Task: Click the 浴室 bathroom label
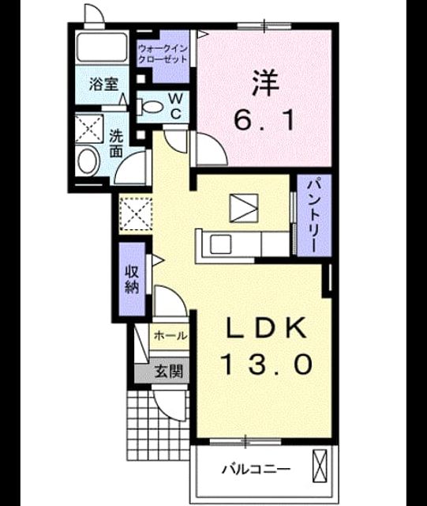pyautogui.click(x=103, y=85)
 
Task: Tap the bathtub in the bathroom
pyautogui.click(x=102, y=47)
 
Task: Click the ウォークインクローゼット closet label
pyautogui.click(x=163, y=55)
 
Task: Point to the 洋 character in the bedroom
pyautogui.click(x=265, y=83)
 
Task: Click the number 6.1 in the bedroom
pyautogui.click(x=264, y=120)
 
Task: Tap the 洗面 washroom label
pyautogui.click(x=116, y=144)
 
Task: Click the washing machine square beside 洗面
pyautogui.click(x=89, y=129)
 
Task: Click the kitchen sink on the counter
pyautogui.click(x=221, y=244)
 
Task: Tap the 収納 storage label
pyautogui.click(x=132, y=279)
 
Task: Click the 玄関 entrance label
pyautogui.click(x=169, y=371)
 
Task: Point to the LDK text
pyautogui.click(x=266, y=327)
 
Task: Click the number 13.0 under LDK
pyautogui.click(x=266, y=364)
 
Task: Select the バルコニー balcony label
pyautogui.click(x=256, y=468)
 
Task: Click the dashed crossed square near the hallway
pyautogui.click(x=135, y=214)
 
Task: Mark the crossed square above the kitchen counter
pyautogui.click(x=244, y=208)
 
